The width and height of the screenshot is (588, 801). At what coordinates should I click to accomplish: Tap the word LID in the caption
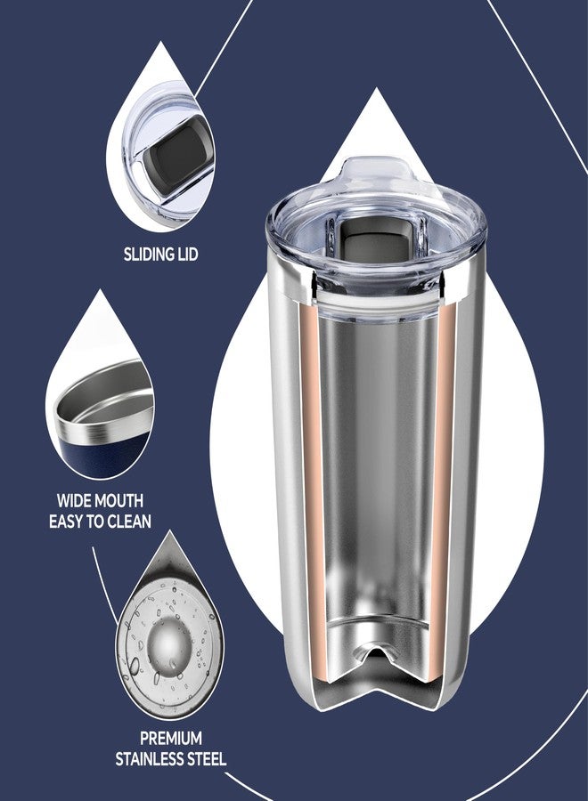coord(186,255)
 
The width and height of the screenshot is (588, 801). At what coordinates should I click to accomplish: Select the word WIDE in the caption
coord(77,501)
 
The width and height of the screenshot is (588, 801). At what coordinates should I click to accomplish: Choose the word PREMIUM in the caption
coord(170,738)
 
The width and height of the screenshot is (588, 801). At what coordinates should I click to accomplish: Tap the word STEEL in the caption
coord(205,759)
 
